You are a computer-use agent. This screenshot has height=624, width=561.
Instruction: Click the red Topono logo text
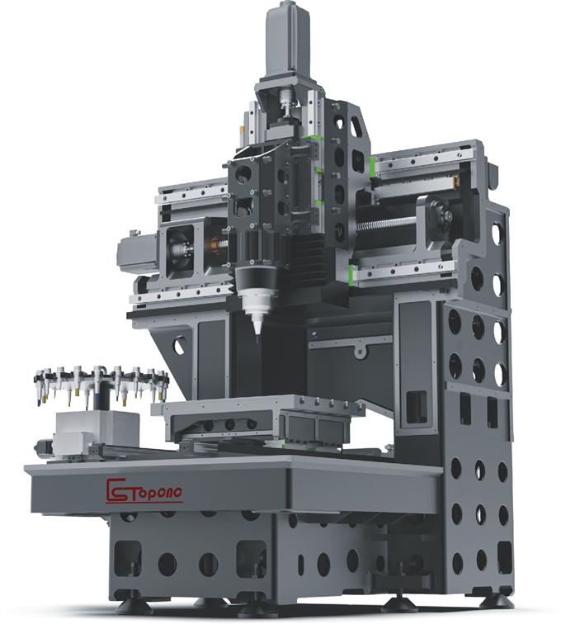(144, 490)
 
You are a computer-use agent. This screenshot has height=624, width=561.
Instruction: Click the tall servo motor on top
(288, 42)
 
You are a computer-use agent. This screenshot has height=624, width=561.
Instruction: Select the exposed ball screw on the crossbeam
(385, 226)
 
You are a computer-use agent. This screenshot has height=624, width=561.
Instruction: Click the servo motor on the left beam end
(137, 253)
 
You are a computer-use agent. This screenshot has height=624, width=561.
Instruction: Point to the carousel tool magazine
(101, 383)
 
